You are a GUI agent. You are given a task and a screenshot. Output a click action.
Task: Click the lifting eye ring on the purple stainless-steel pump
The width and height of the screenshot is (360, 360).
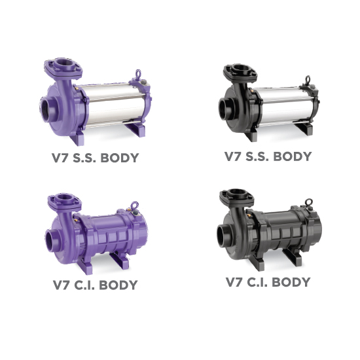(138, 73)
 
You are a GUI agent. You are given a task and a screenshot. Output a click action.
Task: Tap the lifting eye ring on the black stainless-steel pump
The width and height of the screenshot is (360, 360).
(308, 79)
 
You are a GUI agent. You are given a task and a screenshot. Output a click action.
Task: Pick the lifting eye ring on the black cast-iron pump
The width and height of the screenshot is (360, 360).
(309, 202)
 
